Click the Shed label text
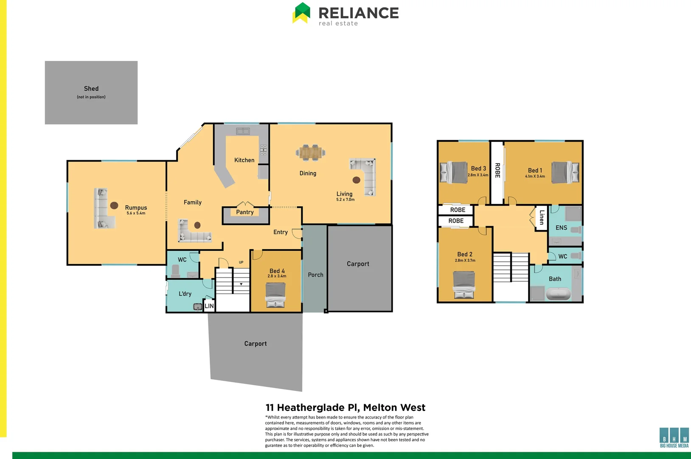click(91, 88)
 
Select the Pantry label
click(245, 212)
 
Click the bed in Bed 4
click(275, 294)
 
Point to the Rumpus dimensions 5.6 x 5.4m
click(136, 213)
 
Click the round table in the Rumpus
click(114, 205)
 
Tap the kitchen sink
click(243, 131)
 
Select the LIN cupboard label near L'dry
click(209, 306)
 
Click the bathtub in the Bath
click(558, 294)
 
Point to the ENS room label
click(561, 228)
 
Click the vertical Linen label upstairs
click(542, 218)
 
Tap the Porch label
click(315, 275)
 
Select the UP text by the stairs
click(241, 262)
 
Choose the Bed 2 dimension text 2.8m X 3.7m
click(465, 261)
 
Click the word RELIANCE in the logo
click(358, 13)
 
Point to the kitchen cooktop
click(263, 149)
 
